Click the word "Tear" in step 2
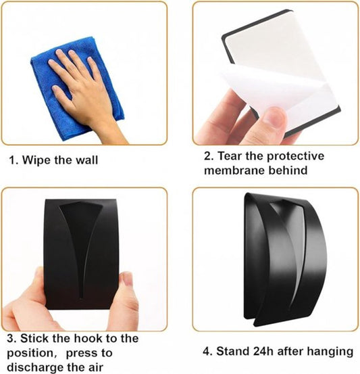pyautogui.click(x=230, y=156)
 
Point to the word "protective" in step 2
pyautogui.click(x=295, y=157)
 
